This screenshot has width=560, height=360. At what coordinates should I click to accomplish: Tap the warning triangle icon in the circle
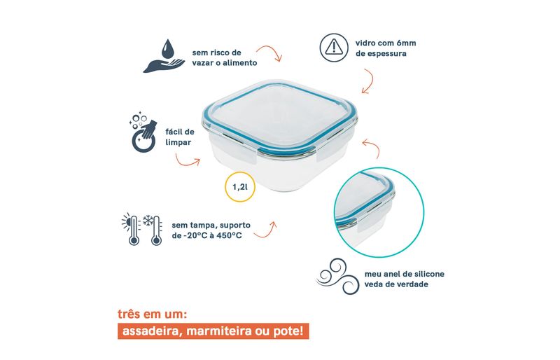[x=334, y=48]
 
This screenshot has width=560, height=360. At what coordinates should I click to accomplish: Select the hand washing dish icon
[x=143, y=132]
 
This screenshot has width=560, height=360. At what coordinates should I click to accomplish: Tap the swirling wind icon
[x=337, y=277]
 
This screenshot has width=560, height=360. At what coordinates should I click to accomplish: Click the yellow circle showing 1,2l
[x=240, y=186]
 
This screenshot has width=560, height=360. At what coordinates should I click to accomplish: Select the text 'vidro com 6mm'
[x=386, y=43]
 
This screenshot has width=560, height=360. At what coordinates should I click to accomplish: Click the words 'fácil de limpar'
[x=180, y=137]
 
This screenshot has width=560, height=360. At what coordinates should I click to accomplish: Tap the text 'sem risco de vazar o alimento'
[x=225, y=57]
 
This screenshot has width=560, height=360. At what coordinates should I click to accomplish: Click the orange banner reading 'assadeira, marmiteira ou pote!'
[x=213, y=331]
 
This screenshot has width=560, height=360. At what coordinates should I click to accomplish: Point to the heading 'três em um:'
[x=153, y=314]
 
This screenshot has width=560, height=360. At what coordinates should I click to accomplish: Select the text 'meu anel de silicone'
[x=405, y=274]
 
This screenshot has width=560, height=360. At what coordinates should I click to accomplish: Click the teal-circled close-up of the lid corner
[x=379, y=212]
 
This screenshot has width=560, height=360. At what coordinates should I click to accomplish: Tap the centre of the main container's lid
[x=279, y=114]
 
